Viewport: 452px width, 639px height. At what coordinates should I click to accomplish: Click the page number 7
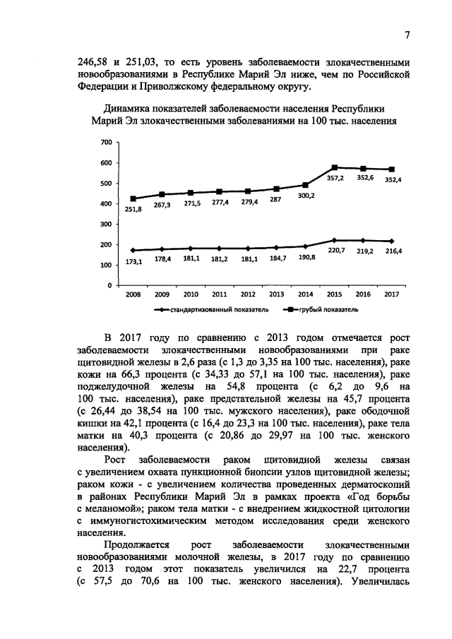click(x=408, y=36)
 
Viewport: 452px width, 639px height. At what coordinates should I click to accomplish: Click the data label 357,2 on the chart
click(x=335, y=179)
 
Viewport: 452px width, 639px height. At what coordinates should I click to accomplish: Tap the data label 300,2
click(x=306, y=196)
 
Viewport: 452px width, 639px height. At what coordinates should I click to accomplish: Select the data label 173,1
click(x=134, y=261)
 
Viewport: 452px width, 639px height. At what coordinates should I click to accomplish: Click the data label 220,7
click(x=335, y=251)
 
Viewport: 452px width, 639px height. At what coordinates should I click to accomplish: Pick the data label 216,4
click(x=392, y=251)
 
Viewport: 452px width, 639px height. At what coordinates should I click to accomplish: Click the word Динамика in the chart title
click(x=128, y=109)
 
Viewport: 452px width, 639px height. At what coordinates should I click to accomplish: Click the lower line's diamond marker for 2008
click(x=133, y=250)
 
